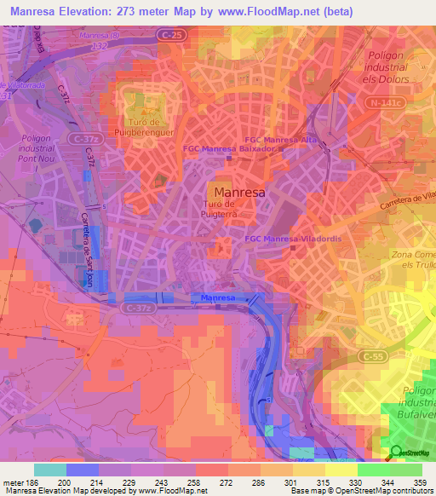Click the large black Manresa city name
click(239, 193)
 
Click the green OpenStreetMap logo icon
click(396, 452)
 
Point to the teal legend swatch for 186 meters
click(50, 470)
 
